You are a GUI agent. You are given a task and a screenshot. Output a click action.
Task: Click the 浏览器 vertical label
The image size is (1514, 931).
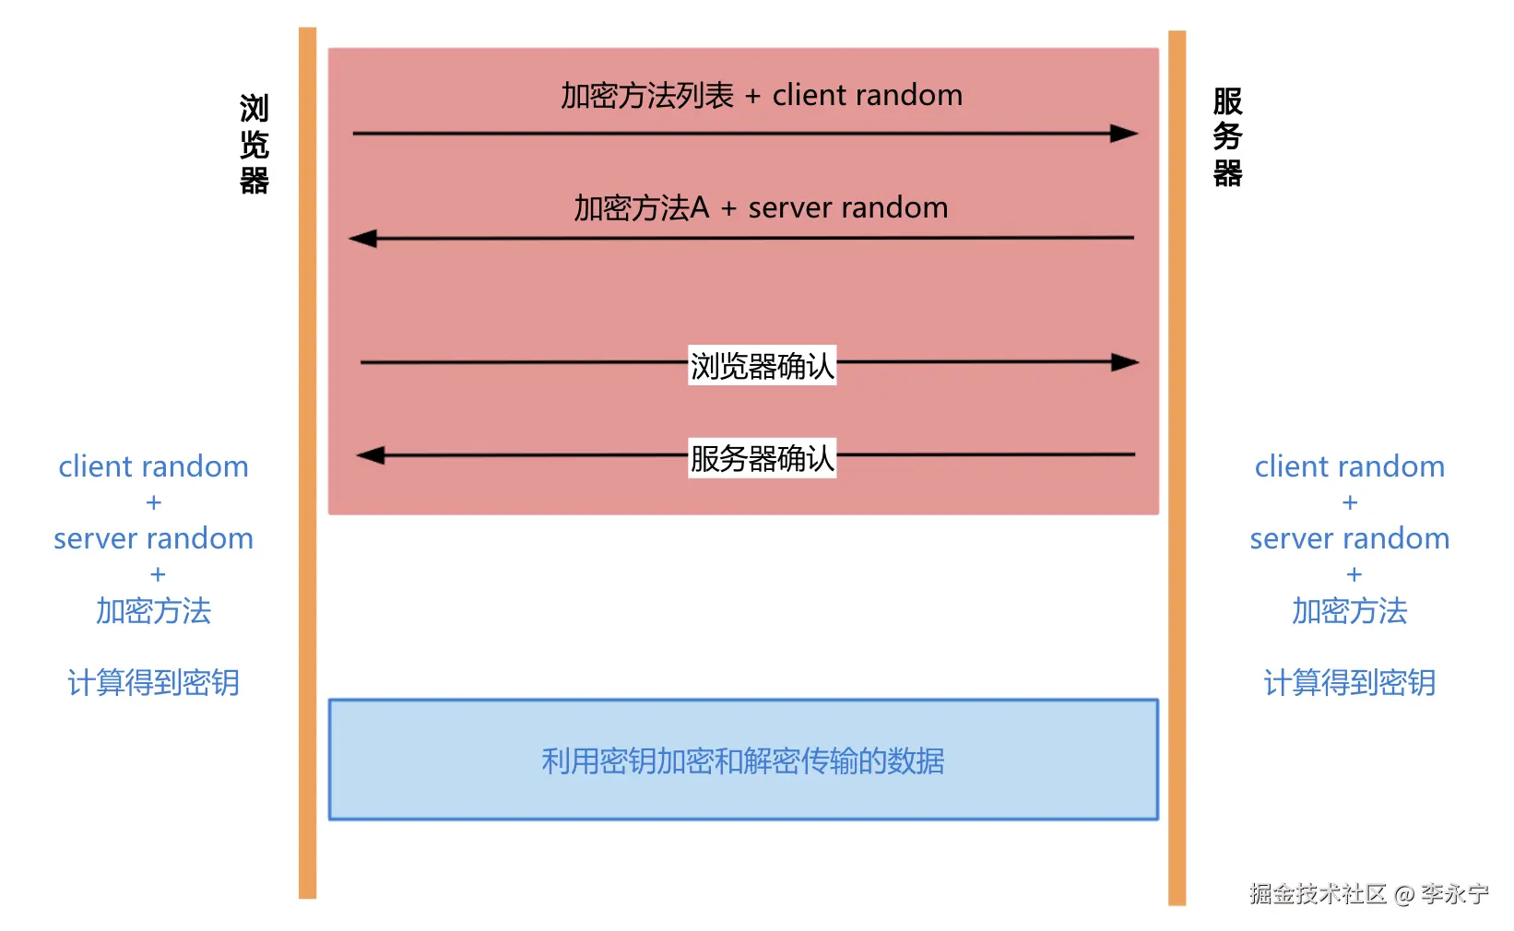tap(254, 145)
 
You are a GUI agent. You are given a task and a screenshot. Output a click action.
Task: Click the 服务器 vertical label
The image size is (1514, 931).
tap(1227, 137)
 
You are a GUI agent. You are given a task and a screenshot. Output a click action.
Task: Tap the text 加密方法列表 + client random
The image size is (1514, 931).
tap(762, 96)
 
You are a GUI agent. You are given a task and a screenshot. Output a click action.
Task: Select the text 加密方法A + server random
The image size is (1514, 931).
tap(761, 208)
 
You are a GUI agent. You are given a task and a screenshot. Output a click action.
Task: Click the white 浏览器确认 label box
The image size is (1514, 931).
tap(762, 366)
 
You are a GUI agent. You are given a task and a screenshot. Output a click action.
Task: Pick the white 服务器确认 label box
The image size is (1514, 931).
tap(762, 458)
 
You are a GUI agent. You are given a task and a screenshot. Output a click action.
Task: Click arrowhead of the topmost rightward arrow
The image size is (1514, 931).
tap(1124, 134)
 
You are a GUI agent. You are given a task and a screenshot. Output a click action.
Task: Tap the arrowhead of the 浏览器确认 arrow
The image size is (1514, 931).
tap(1125, 362)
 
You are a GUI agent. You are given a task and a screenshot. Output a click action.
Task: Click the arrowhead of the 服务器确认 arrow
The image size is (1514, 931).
tap(371, 455)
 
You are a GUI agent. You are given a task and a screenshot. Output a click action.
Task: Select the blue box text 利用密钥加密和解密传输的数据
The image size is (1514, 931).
tap(743, 761)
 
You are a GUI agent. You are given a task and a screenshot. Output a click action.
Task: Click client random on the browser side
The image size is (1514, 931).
tap(153, 466)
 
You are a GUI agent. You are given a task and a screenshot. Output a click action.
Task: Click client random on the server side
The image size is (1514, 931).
tap(1349, 466)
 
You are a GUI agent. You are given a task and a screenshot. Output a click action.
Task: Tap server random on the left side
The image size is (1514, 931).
tap(153, 538)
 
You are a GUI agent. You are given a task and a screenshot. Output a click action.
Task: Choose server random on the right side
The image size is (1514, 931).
tap(1349, 538)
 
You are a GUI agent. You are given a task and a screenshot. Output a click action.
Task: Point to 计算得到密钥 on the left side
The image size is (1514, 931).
tap(153, 683)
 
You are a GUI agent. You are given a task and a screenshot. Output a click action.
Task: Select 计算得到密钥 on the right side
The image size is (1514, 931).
tap(1349, 683)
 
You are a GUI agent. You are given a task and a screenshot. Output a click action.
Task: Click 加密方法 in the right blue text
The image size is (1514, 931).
tap(1349, 611)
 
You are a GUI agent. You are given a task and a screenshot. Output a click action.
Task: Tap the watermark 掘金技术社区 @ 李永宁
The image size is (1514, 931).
tap(1368, 893)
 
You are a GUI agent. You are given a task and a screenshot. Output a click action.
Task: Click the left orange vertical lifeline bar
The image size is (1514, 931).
tap(307, 461)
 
